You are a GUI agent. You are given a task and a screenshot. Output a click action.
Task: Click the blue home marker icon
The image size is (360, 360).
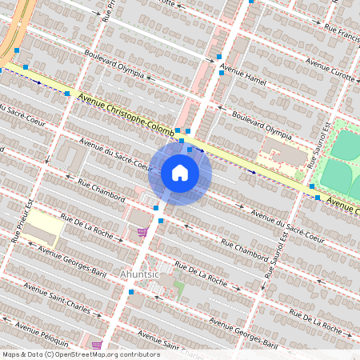pos(180,172)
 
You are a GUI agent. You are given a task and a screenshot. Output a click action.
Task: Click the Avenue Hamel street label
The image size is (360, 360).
pos(244,76)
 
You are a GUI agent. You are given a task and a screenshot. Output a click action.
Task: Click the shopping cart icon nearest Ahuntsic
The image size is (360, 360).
pos(142,232)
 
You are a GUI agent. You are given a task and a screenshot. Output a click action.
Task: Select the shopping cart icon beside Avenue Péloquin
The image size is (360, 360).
pos(97,346)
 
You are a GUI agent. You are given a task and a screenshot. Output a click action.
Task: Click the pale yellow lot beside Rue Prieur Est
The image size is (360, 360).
pos(43,230)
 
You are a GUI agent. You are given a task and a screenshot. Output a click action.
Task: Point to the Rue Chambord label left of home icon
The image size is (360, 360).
pos(102,189)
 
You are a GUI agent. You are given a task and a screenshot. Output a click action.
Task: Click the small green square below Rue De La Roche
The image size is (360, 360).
pos(179,286)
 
